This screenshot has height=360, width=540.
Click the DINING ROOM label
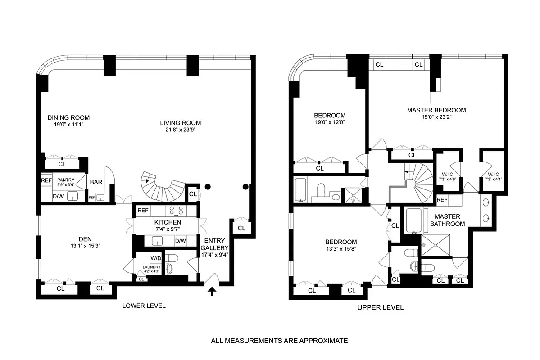point(68,118)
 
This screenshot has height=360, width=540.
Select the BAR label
point(96,182)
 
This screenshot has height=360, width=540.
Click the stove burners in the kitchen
point(175,210)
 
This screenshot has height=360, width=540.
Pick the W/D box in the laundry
point(156,258)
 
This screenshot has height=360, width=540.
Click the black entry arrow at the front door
point(212,292)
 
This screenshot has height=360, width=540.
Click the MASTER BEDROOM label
point(436,110)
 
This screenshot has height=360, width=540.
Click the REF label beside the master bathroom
point(442,200)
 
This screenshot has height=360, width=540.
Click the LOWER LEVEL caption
point(144,306)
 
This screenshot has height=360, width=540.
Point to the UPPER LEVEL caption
point(380,308)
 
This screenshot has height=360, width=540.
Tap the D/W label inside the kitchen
point(180,241)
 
